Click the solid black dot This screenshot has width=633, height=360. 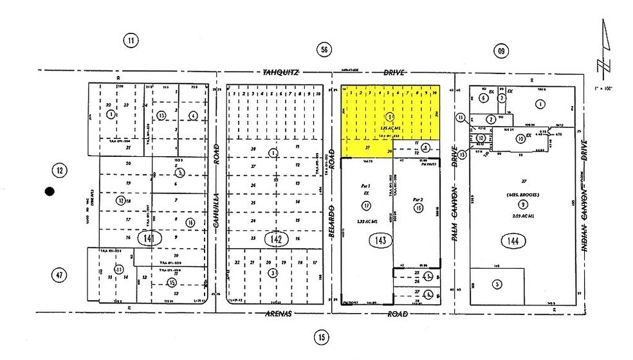click(x=49, y=191)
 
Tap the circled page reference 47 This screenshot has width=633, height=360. click(x=60, y=275)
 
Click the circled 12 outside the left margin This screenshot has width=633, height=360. click(x=60, y=170)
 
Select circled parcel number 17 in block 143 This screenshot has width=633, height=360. click(x=366, y=206)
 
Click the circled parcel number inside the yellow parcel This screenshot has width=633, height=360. click(x=390, y=116)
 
